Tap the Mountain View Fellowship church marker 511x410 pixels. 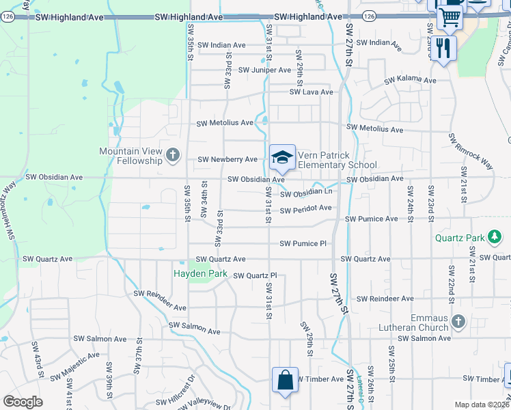point(172,155)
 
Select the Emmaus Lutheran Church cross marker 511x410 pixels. point(458,320)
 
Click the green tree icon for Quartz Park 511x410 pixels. point(495,238)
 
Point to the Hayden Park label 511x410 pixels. point(199,273)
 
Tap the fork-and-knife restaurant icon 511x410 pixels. point(444,47)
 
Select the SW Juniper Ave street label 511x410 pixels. point(264,70)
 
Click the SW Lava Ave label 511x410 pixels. point(311,92)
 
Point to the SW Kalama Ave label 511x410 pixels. point(410,81)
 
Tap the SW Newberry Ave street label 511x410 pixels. point(227,160)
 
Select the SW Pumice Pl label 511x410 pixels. point(303,244)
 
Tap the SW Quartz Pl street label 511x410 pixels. point(255,276)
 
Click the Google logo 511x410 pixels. point(23,402)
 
